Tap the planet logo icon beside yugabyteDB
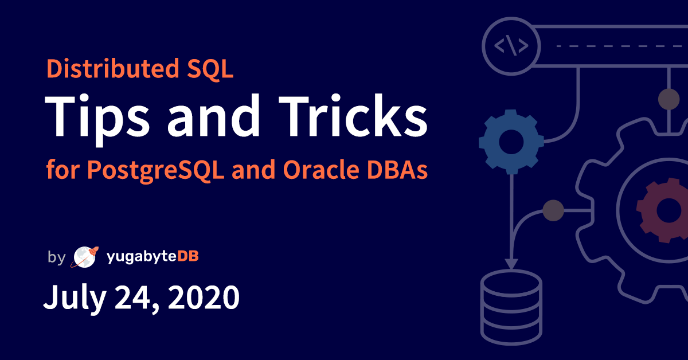click(x=83, y=257)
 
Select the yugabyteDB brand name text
click(x=153, y=257)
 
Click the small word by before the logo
click(x=56, y=257)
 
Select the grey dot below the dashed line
click(x=669, y=99)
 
